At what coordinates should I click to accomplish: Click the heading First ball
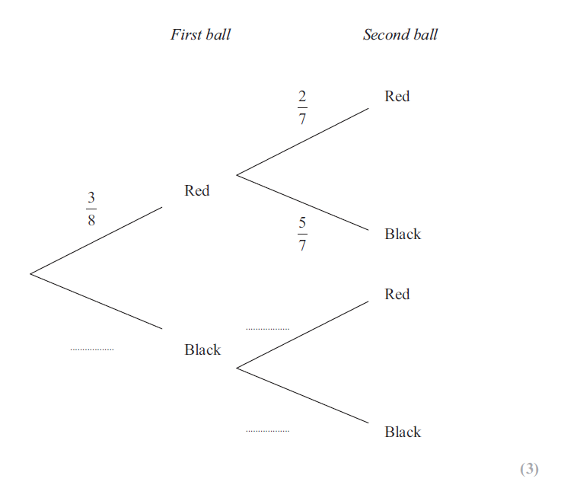(x=200, y=34)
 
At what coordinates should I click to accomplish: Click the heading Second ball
(x=400, y=34)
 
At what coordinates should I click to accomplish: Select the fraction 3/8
(x=91, y=209)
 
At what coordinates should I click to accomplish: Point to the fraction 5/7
(x=302, y=234)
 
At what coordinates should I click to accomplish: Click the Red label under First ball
(x=196, y=190)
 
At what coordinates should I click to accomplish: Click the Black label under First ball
(x=202, y=349)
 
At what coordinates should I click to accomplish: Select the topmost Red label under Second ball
(x=397, y=96)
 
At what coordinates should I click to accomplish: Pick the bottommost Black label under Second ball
(x=403, y=432)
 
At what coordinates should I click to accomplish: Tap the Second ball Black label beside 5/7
(x=403, y=234)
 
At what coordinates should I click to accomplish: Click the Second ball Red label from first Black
(x=397, y=294)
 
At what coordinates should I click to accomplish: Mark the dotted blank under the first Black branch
(x=92, y=349)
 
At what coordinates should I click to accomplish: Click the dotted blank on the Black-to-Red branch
(x=267, y=329)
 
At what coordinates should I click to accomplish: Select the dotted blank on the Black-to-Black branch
(x=267, y=431)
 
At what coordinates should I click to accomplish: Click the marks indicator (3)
(x=529, y=469)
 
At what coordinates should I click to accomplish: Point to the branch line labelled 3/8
(x=97, y=240)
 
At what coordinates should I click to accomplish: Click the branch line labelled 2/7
(x=303, y=142)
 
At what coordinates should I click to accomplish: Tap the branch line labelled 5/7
(x=303, y=203)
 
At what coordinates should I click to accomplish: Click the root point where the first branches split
(x=30, y=273)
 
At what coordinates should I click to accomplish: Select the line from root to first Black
(x=97, y=302)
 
